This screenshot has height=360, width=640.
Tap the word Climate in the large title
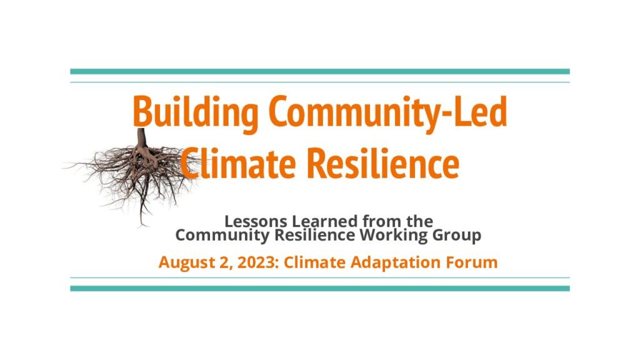point(238,163)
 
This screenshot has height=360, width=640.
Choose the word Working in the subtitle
point(394,236)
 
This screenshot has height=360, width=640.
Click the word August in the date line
point(185,262)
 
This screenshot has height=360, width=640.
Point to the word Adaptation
point(396,262)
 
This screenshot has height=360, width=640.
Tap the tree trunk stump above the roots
point(142,138)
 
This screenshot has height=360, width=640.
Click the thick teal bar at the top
point(320,71)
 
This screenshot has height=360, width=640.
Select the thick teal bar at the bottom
point(320,289)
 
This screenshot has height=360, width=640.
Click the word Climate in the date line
point(315,262)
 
